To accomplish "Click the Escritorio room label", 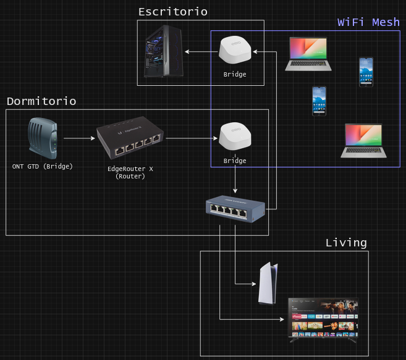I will coord(172,12).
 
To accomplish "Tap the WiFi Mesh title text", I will coord(368,22).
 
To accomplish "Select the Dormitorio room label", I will coord(41,101).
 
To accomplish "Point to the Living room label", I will coord(346,243).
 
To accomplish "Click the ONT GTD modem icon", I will coord(43,139).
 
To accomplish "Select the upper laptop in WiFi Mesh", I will coord(308,54).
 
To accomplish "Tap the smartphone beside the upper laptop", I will coord(366,72).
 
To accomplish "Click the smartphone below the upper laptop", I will coord(319,101).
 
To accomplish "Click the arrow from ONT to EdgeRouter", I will coord(77,139).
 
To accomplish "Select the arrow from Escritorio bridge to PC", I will coord(201,52).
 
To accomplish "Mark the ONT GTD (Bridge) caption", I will coord(43,166).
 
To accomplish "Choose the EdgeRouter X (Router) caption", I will coord(130,172).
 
